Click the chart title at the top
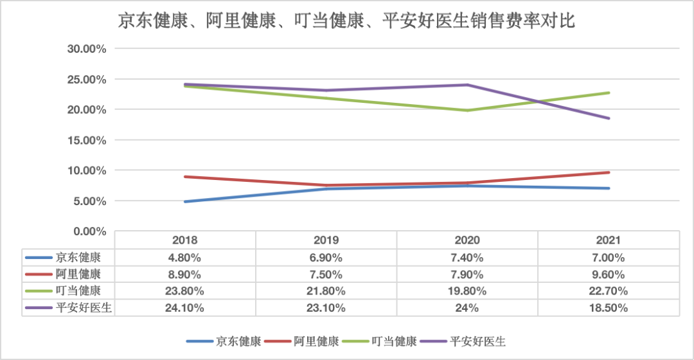point(346,21)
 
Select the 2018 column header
point(185,240)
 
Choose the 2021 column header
point(608,240)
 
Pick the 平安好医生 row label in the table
point(84,308)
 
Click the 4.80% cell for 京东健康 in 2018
point(185,258)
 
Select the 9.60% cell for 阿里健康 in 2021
point(608,274)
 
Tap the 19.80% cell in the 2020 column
point(467,291)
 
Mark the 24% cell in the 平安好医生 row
point(467,308)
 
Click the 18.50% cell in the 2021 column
point(608,308)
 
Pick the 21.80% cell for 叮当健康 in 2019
point(326,291)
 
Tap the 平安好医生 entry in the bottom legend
point(477,341)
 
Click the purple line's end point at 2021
point(609,118)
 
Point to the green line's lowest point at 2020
point(467,111)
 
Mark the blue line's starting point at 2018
point(186,202)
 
